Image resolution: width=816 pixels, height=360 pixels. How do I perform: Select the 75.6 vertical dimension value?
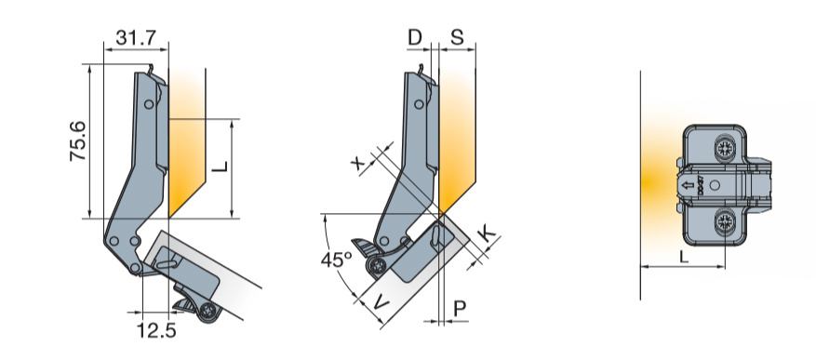pos(78,141)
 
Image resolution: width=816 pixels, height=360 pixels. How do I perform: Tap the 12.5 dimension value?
pos(156,329)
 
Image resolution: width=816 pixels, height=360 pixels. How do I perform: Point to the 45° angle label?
pos(336,260)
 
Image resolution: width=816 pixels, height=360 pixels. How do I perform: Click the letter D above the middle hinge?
pos(415,37)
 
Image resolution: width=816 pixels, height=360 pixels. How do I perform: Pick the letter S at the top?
pos(457,37)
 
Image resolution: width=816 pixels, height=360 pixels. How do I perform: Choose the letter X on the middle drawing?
pos(358,164)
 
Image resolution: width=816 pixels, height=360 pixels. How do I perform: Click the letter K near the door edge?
pos(488,234)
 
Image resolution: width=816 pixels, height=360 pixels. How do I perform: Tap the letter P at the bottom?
pos(459,309)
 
